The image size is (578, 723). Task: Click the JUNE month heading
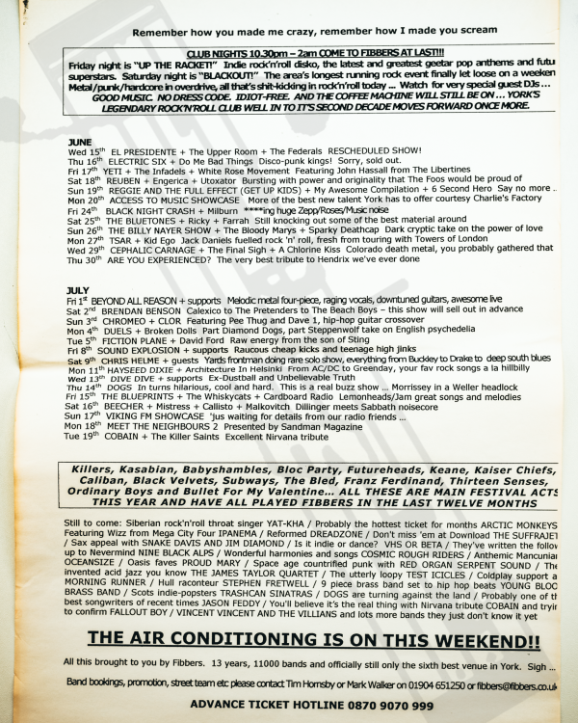tap(79, 141)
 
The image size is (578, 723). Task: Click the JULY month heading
tap(79, 289)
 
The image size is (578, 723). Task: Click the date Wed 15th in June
tap(85, 151)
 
